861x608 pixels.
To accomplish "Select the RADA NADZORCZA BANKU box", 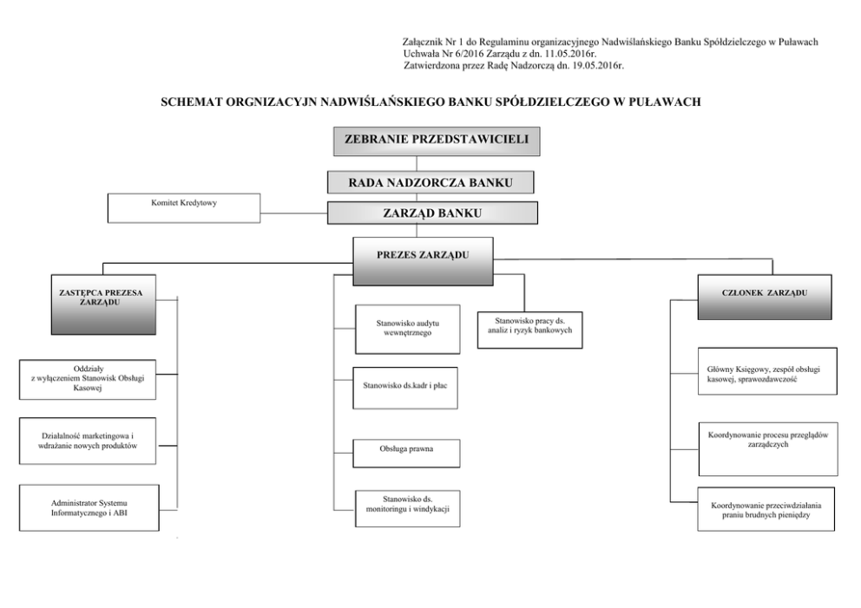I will pyautogui.click(x=430, y=182).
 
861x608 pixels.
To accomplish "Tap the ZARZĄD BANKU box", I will pyautogui.click(x=432, y=212).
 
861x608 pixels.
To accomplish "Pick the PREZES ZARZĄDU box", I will pyautogui.click(x=423, y=259).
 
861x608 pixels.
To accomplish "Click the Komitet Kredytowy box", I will pyautogui.click(x=183, y=208).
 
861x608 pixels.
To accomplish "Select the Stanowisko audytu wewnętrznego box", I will pyautogui.click(x=407, y=329).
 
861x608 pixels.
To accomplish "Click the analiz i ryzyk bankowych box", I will pyautogui.click(x=529, y=330).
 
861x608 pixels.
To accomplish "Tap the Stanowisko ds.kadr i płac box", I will pyautogui.click(x=407, y=388).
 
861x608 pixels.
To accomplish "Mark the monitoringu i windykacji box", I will pyautogui.click(x=407, y=508).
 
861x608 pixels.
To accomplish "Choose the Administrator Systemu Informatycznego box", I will pyautogui.click(x=89, y=507).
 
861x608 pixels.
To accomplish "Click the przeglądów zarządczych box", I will pyautogui.click(x=768, y=448).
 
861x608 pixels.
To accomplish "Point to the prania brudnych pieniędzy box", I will pyautogui.click(x=768, y=509).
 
